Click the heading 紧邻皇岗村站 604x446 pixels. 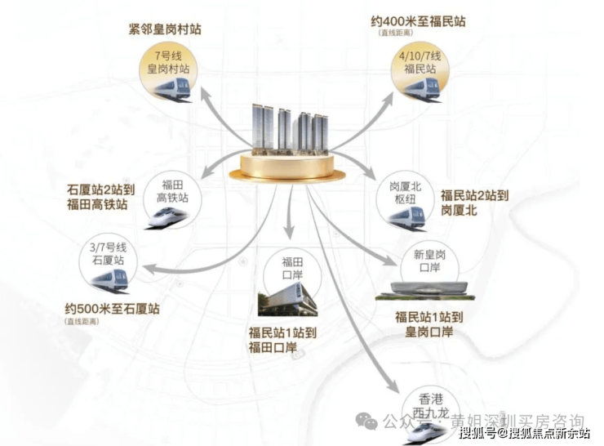pyautogui.click(x=163, y=29)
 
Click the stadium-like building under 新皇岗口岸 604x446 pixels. pyautogui.click(x=424, y=291)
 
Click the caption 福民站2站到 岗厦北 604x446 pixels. pyautogui.click(x=474, y=203)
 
